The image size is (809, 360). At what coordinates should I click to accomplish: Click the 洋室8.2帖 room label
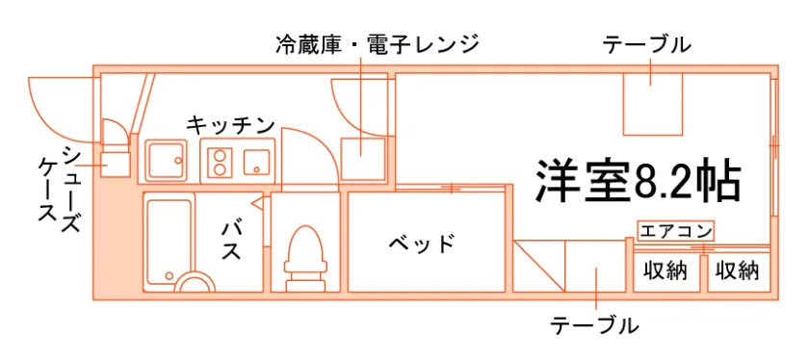pyautogui.click(x=639, y=182)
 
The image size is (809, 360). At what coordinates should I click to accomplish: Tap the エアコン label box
pyautogui.click(x=675, y=231)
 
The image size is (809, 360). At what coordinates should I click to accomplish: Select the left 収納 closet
pyautogui.click(x=665, y=271)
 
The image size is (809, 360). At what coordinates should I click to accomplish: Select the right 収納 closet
pyautogui.click(x=740, y=271)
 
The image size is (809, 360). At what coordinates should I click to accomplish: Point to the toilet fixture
pyautogui.click(x=305, y=258)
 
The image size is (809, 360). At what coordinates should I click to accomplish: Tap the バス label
pyautogui.click(x=232, y=241)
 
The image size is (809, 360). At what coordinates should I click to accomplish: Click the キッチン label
pyautogui.click(x=230, y=125)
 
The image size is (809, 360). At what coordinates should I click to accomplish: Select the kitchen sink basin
pyautogui.click(x=166, y=161)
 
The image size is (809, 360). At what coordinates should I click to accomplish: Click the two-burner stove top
pyautogui.click(x=221, y=162)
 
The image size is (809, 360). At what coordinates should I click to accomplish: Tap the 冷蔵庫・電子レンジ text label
pyautogui.click(x=378, y=45)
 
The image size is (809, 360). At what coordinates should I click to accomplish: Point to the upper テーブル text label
pyautogui.click(x=647, y=45)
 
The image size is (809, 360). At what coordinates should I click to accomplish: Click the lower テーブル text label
pyautogui.click(x=595, y=325)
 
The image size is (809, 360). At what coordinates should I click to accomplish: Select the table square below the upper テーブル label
pyautogui.click(x=653, y=104)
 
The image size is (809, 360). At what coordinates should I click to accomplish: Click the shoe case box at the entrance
pyautogui.click(x=115, y=164)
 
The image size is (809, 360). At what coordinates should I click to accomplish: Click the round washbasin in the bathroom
pyautogui.click(x=195, y=284)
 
